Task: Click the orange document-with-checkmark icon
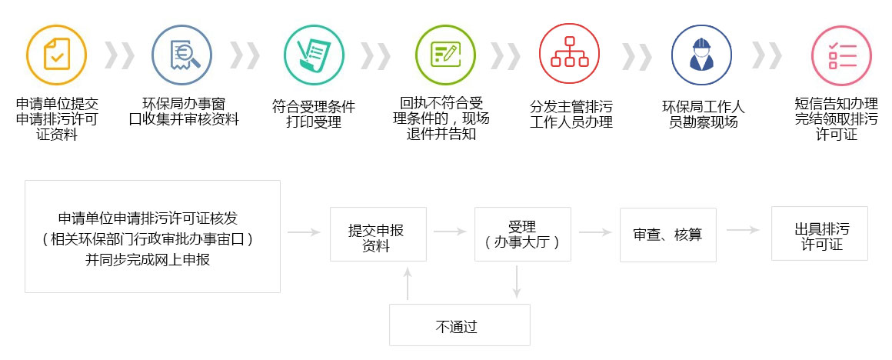click(x=56, y=53)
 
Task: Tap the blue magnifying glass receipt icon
click(x=181, y=53)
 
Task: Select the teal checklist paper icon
click(x=314, y=53)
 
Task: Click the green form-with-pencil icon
click(x=445, y=53)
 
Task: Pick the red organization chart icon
click(x=570, y=53)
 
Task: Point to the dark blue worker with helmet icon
click(x=701, y=53)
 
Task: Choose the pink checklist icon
click(x=842, y=53)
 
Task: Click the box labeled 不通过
click(x=460, y=325)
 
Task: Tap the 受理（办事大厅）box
click(x=523, y=235)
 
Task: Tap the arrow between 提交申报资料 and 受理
click(x=450, y=231)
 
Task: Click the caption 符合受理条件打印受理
click(x=314, y=114)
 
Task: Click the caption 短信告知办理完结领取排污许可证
click(x=837, y=118)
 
